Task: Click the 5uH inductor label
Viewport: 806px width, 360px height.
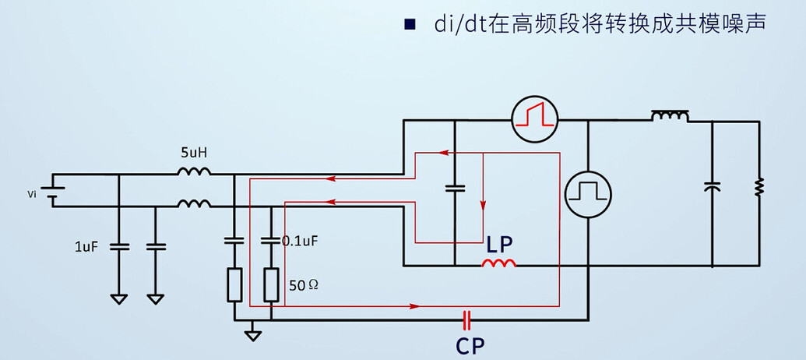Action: pyautogui.click(x=192, y=154)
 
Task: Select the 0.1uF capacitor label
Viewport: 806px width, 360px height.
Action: pyautogui.click(x=300, y=241)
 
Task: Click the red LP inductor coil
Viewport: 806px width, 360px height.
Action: pyautogui.click(x=499, y=265)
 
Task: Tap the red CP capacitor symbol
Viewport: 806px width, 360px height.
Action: pyautogui.click(x=467, y=319)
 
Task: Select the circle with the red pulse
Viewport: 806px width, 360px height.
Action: pyautogui.click(x=535, y=119)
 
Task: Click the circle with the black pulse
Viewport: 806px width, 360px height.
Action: pyautogui.click(x=587, y=195)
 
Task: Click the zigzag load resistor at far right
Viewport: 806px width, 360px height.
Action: pyautogui.click(x=759, y=186)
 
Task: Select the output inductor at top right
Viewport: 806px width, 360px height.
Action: pyautogui.click(x=670, y=117)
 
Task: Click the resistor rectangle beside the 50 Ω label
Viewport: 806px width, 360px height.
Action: pyautogui.click(x=271, y=284)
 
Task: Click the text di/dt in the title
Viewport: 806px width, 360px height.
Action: pyautogui.click(x=457, y=24)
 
